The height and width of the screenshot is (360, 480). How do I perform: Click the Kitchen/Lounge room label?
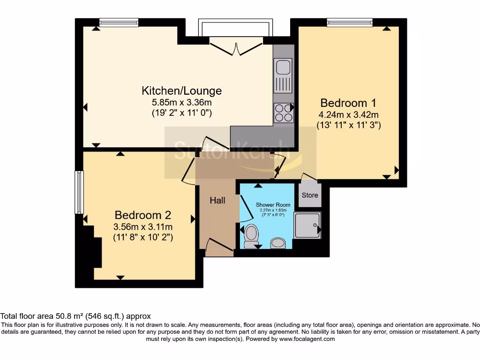click(x=182, y=90)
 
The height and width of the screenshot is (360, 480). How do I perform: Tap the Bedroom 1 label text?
click(x=348, y=103)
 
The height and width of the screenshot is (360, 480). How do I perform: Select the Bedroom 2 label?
click(x=143, y=215)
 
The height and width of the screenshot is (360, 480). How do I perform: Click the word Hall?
click(x=217, y=201)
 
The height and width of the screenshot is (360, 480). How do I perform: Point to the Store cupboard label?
click(x=310, y=195)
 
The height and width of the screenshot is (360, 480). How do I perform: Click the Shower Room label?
click(x=273, y=205)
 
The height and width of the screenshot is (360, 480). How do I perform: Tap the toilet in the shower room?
click(x=252, y=234)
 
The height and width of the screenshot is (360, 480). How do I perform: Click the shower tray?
click(x=307, y=225)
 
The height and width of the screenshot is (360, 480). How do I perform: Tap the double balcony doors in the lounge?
click(x=236, y=48)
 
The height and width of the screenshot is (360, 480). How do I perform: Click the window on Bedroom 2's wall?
click(x=79, y=193)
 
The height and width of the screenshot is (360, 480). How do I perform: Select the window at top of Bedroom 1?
click(x=350, y=22)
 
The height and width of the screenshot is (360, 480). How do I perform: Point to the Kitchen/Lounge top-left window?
click(x=119, y=22)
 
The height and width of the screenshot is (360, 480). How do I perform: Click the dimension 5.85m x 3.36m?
click(x=182, y=102)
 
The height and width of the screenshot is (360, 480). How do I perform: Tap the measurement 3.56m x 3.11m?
click(x=143, y=227)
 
